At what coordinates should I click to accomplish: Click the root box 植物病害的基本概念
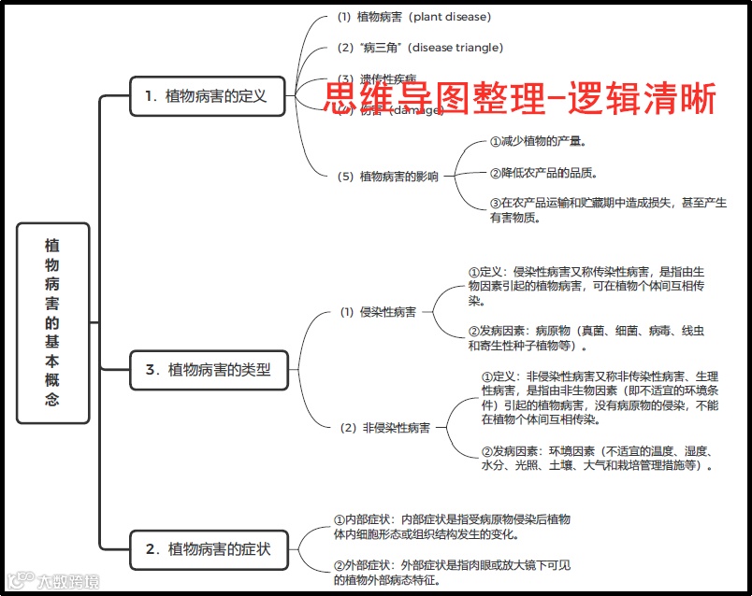point(53,323)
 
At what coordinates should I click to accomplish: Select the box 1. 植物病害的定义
point(207,95)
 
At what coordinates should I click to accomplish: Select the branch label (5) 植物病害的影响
point(387,176)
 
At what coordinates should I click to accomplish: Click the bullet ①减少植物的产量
point(538,142)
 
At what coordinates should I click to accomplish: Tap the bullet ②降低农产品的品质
point(543,173)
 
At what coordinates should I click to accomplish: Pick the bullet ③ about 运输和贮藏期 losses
point(608,209)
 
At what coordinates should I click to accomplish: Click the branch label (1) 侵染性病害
point(378,312)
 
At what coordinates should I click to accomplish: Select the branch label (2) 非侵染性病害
point(384,428)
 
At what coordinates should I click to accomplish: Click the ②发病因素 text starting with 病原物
point(586,338)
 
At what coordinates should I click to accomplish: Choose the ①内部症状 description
point(453,527)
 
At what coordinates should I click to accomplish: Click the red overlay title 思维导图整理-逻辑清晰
point(520,98)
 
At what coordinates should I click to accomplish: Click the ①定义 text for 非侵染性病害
point(599,398)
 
